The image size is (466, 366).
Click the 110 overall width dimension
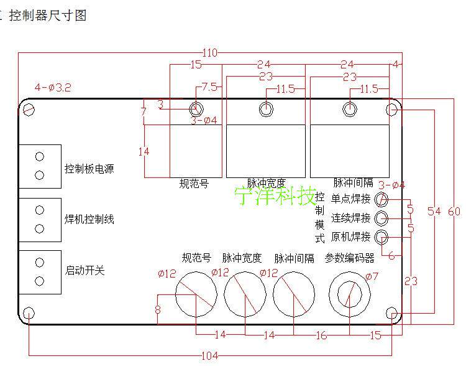point(209,54)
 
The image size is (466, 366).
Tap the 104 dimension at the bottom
point(211,356)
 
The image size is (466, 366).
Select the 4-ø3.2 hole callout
point(53,88)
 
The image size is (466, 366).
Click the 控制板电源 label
point(89,169)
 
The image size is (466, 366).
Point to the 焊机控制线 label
point(89,220)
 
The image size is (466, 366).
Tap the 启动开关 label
point(85,270)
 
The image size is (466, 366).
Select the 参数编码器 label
point(350,258)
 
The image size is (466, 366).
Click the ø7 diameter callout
point(372,276)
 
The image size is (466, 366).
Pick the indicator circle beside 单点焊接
point(382,199)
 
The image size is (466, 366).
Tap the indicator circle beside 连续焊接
point(382,218)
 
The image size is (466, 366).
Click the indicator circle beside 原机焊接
point(382,237)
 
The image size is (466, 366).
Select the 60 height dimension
point(454,212)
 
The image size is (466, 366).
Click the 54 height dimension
point(434,212)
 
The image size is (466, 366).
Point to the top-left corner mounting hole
point(29,110)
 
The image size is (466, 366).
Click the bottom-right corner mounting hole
point(393,312)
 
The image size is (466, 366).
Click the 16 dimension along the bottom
point(321,335)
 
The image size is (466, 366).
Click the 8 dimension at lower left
point(158,309)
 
